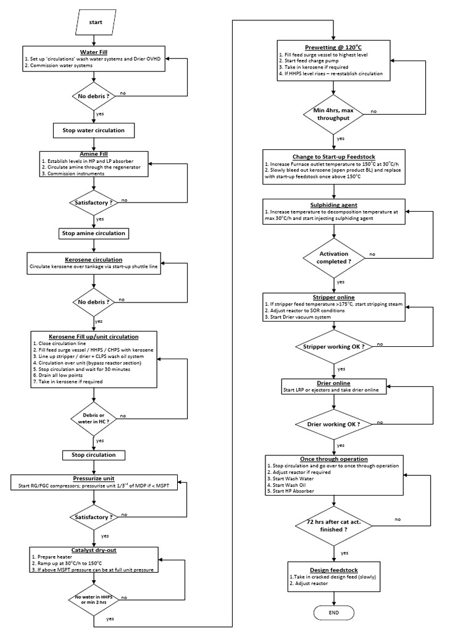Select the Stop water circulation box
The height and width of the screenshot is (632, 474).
click(x=94, y=131)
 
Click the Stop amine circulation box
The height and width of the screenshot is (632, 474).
click(x=94, y=233)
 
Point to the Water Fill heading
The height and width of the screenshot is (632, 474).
click(x=93, y=52)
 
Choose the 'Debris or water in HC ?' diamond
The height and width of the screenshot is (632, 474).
click(x=94, y=417)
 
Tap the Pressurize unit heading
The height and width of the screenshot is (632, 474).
click(x=94, y=478)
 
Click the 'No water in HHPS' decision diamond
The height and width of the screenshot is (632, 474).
click(x=94, y=598)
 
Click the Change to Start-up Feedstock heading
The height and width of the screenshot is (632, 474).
click(x=334, y=157)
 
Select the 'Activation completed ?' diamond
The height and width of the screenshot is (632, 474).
click(x=334, y=257)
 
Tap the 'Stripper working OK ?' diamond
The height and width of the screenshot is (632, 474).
click(x=334, y=346)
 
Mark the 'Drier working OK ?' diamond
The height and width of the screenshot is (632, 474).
click(x=334, y=425)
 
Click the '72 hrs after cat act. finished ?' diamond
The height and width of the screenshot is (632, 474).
click(x=334, y=525)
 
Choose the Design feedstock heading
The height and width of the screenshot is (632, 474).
click(x=334, y=570)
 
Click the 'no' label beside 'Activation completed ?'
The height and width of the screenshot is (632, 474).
click(x=372, y=254)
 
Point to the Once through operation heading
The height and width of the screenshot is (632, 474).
click(x=334, y=459)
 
